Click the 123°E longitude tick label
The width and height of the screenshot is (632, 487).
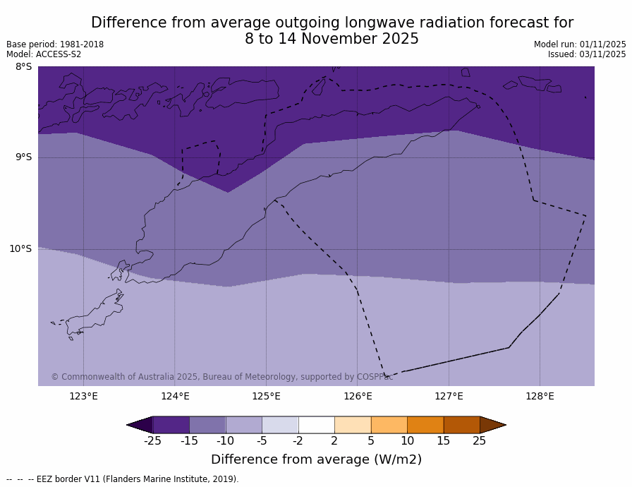click(83, 396)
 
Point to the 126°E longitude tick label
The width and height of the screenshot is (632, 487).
click(358, 396)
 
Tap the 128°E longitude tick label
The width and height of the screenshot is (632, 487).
click(540, 396)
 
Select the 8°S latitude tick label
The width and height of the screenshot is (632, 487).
click(23, 67)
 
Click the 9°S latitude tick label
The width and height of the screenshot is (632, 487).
click(23, 157)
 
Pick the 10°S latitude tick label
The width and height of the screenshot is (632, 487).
click(20, 248)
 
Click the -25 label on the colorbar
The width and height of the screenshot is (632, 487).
click(152, 441)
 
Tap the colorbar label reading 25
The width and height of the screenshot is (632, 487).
click(479, 441)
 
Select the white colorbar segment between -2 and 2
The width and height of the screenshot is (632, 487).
click(316, 425)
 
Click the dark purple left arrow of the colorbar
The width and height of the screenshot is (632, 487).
click(141, 425)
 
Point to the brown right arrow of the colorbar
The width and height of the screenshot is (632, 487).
click(492, 425)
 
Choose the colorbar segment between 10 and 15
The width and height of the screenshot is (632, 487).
click(425, 425)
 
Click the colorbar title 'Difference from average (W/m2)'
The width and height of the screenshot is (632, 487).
click(316, 459)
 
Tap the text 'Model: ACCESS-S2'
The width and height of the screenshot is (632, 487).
click(44, 54)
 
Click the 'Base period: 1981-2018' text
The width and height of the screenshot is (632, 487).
click(55, 44)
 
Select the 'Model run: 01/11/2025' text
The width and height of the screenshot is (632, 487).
click(580, 44)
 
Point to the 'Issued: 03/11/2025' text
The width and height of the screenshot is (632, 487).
click(587, 54)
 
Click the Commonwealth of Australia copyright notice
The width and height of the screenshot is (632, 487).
click(221, 377)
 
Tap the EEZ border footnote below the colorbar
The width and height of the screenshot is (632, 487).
click(123, 479)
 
